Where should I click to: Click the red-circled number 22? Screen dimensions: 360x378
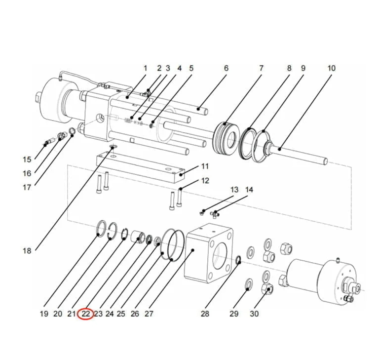(x=86, y=314)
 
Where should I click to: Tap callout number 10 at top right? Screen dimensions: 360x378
(x=331, y=68)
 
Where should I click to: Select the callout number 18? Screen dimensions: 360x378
(x=27, y=251)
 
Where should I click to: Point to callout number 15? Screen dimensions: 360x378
(x=27, y=160)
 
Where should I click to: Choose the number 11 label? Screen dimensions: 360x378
(x=205, y=166)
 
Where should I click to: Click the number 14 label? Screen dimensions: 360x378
(x=249, y=190)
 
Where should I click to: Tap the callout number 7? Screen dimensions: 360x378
(x=261, y=68)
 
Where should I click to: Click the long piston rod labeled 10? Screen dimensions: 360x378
(x=301, y=154)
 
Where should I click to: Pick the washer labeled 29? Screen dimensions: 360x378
(x=249, y=284)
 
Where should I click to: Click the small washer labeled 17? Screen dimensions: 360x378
(x=72, y=131)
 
